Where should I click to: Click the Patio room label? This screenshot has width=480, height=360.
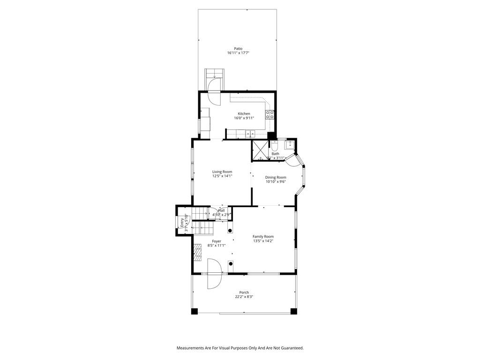pyautogui.click(x=238, y=48)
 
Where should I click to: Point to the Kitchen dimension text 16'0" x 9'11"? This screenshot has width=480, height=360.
pyautogui.click(x=244, y=118)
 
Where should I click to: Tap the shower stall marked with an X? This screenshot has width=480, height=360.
pyautogui.click(x=259, y=150)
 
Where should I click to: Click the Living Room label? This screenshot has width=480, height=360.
pyautogui.click(x=222, y=172)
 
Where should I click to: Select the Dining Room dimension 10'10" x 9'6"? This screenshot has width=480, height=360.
pyautogui.click(x=276, y=182)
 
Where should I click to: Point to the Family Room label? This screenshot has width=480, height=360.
pyautogui.click(x=263, y=236)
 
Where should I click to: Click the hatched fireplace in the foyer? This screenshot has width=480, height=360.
pyautogui.click(x=198, y=252)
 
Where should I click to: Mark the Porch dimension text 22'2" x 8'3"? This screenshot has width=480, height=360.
pyautogui.click(x=244, y=297)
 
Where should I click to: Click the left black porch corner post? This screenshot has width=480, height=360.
pyautogui.click(x=195, y=311)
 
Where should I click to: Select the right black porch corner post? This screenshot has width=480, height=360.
pyautogui.click(x=294, y=311)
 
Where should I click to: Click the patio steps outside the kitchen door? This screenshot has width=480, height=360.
pyautogui.click(x=215, y=74)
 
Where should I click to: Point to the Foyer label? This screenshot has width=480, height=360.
pyautogui.click(x=216, y=241)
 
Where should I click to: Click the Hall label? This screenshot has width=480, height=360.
pyautogui.click(x=221, y=210)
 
